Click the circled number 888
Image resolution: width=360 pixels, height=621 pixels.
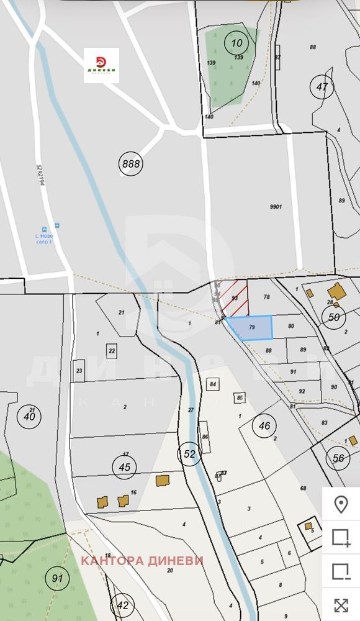pos(132,164)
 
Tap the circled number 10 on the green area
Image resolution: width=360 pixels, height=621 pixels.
pos(236,43)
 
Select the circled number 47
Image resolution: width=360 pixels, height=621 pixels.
pos(322,87)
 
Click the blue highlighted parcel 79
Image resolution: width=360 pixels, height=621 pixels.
pos(251,328)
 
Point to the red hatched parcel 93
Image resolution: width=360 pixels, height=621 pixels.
pos(236,299)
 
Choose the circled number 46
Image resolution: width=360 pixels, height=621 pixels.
pos(264,426)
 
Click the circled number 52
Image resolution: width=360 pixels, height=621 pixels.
pos(189,454)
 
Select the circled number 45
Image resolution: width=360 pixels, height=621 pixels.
pos(125,467)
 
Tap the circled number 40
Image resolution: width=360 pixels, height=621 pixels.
pos(29,416)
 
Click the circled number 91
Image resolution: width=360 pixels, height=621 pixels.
pos(58,579)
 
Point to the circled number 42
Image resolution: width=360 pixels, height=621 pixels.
pos(122,605)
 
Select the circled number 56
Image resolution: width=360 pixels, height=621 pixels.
pos(338,458)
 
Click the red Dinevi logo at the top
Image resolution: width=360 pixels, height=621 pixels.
pos(101,65)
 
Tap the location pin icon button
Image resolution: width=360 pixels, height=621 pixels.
pos(341,504)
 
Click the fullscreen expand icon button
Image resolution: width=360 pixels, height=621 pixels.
pos(341,605)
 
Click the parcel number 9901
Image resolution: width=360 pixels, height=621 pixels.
pos(276,207)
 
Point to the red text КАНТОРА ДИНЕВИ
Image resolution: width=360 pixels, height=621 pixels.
pos(142,561)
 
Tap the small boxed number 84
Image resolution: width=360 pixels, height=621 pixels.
pos(213,384)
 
